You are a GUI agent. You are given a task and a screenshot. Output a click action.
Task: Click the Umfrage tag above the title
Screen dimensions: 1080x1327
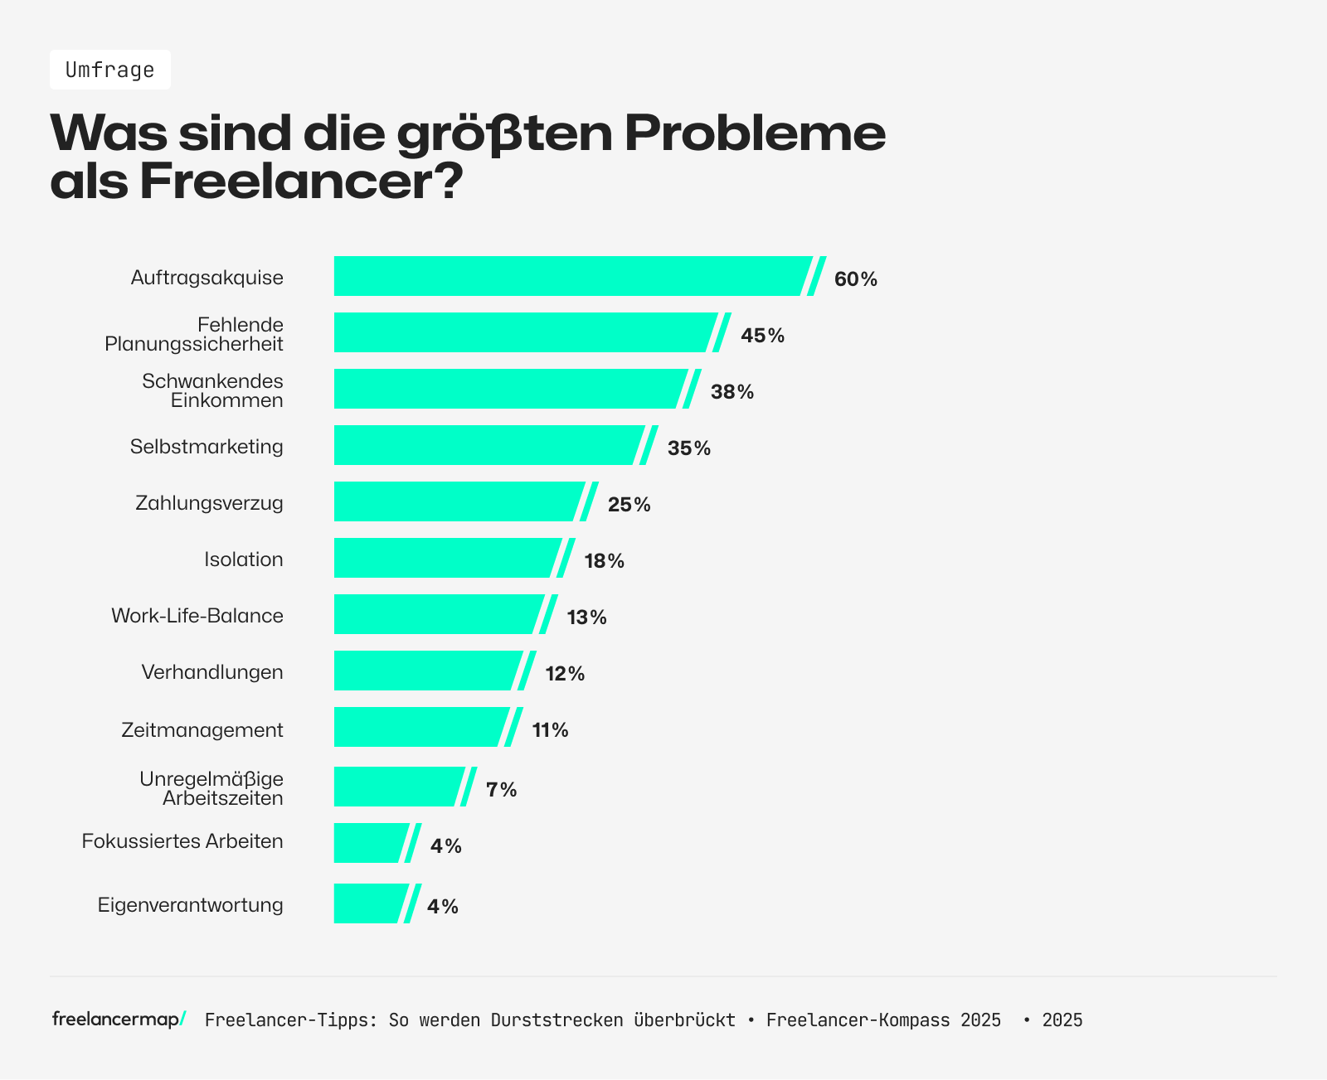coord(110,70)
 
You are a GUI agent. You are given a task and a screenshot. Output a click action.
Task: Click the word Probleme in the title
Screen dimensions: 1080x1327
coord(755,133)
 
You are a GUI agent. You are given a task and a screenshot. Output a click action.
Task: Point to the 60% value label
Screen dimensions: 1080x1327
coord(855,279)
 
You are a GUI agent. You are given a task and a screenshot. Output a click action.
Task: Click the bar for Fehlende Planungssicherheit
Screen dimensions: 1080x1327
coord(523,332)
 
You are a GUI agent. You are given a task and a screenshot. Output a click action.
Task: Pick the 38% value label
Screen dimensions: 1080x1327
coord(732,392)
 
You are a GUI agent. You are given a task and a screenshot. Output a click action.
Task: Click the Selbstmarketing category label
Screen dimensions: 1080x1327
coord(207,447)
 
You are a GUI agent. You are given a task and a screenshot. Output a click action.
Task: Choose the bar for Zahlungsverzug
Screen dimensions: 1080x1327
coord(456,501)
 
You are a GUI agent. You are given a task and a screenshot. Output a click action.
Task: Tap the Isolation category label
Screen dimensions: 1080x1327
coord(243,559)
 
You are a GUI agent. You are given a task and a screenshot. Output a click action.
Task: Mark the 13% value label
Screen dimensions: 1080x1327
coord(586,617)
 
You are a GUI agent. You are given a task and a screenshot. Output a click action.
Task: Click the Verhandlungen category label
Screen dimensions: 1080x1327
coord(211,672)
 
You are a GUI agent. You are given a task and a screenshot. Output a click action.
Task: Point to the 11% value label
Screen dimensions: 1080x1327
coord(550,730)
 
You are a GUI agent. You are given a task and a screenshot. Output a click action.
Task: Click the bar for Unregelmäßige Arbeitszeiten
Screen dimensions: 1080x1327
coord(396,787)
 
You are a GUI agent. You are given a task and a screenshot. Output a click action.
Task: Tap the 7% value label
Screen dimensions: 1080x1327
coord(501,790)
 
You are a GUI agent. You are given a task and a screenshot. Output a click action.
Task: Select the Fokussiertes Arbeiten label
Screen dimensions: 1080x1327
coord(182,841)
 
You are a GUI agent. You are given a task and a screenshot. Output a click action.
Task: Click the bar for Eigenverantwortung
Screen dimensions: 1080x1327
coord(367,903)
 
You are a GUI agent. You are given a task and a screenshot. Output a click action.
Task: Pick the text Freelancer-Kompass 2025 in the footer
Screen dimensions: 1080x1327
coord(882,1020)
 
